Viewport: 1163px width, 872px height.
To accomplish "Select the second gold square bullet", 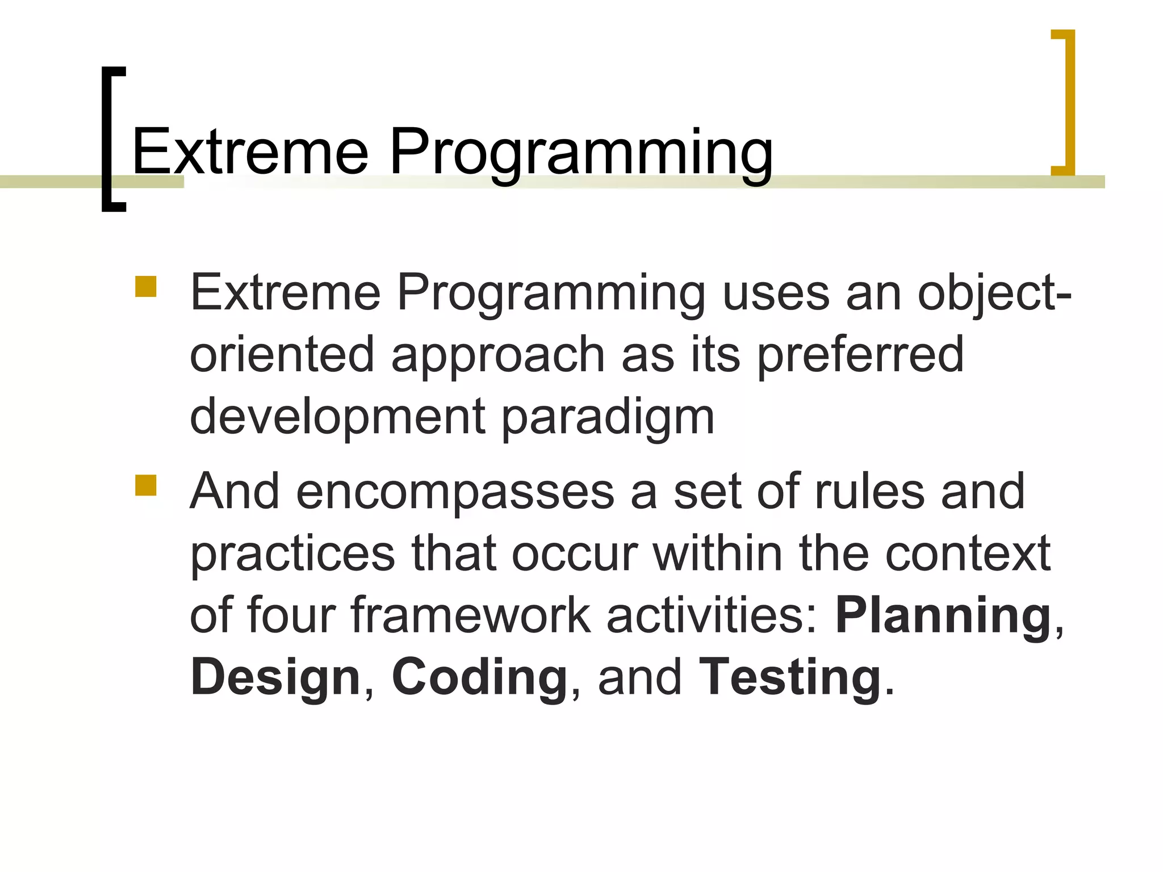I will (146, 485).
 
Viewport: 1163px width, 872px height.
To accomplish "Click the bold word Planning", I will (943, 616).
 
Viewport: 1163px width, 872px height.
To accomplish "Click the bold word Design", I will (275, 678).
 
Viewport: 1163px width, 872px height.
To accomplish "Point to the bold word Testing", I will (789, 678).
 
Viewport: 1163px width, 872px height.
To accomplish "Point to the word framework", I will (471, 616).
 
